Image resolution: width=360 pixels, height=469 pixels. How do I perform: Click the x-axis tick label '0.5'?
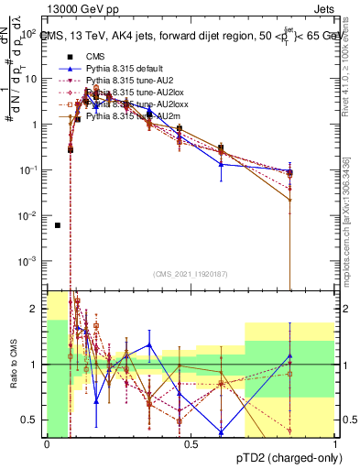pos(191,442)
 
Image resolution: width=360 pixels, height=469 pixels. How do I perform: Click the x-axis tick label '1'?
pos(333,442)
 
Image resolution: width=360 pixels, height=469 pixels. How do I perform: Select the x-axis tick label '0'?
pos(47,442)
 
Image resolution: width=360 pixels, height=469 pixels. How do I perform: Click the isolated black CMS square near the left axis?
pos(58,225)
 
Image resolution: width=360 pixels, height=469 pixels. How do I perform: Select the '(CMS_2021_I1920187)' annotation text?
pos(190,274)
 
